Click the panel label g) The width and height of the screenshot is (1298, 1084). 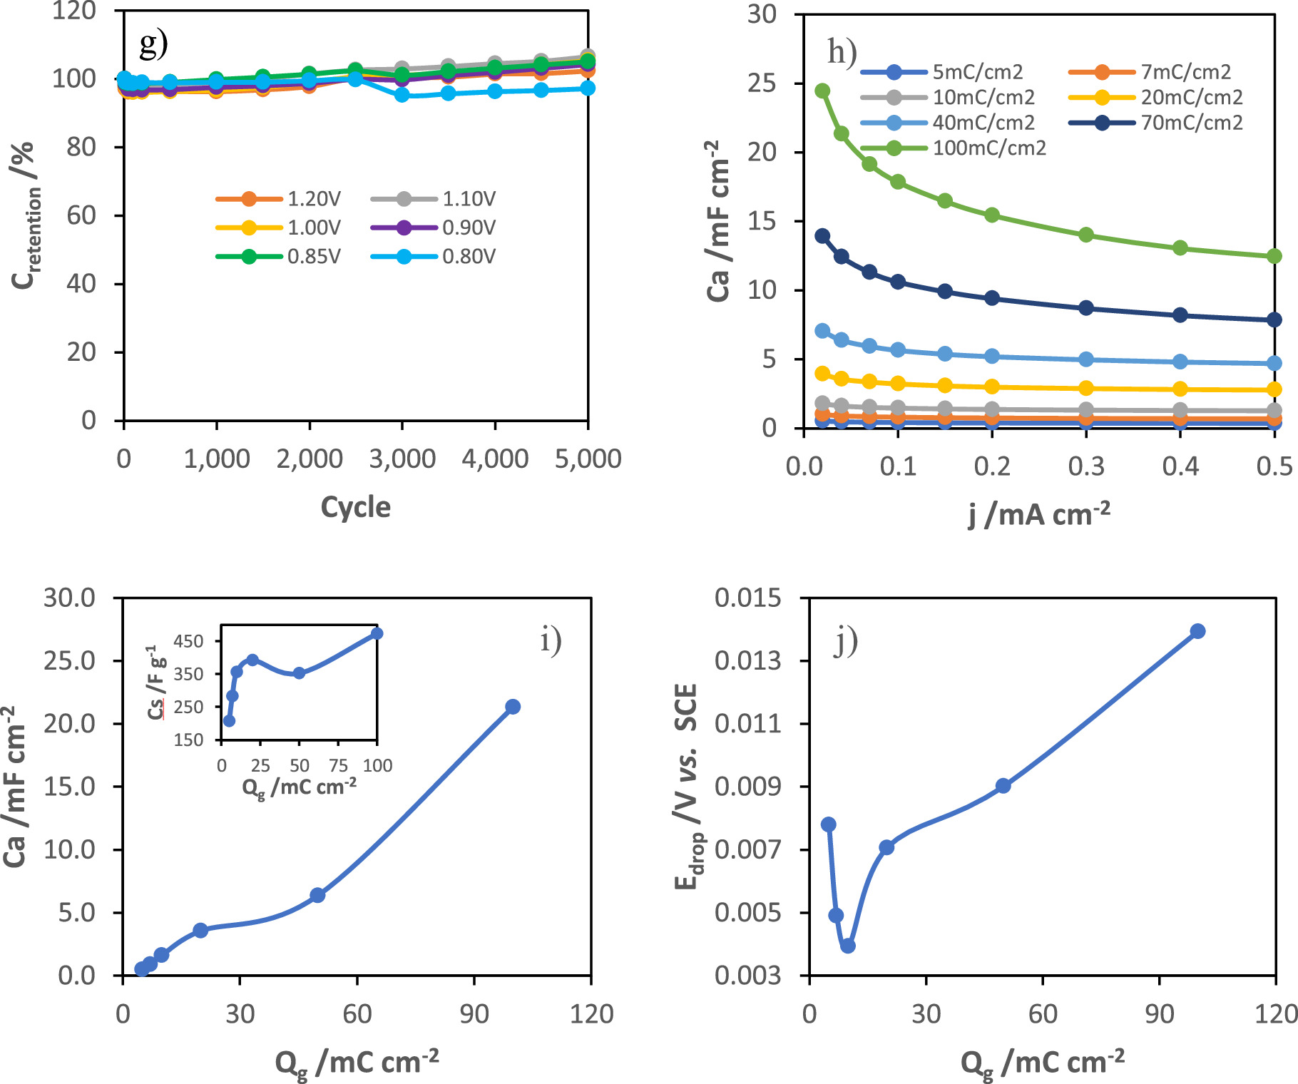point(153,44)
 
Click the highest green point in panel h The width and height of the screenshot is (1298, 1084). point(822,91)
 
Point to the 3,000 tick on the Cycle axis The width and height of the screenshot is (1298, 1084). point(402,459)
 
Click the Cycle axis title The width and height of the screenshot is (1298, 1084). point(355,507)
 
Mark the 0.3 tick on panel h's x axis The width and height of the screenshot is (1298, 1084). point(1086,466)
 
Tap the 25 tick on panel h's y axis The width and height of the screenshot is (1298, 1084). point(762,83)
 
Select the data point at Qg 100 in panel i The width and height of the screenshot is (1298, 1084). point(512,707)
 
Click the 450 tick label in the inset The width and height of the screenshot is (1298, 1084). point(188,641)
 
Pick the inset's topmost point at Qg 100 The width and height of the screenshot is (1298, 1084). point(377,633)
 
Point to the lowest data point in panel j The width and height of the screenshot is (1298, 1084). point(848,946)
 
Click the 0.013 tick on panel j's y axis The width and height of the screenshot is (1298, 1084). point(747,661)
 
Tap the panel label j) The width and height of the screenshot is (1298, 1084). point(846,641)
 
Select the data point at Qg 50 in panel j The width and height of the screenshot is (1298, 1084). point(1003,786)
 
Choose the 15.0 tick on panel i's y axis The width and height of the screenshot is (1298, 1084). point(69,787)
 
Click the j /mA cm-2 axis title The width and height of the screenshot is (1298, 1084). point(1038,514)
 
